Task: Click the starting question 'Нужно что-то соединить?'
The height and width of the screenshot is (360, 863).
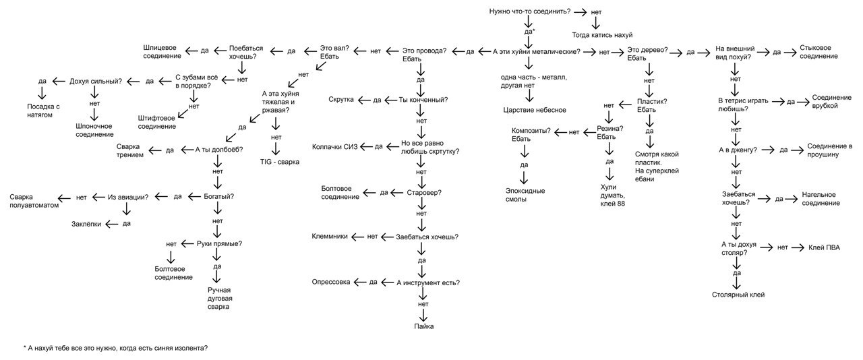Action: (x=530, y=11)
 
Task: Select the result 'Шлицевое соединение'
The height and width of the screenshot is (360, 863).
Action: (x=162, y=52)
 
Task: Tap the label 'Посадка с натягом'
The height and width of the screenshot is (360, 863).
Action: (x=43, y=111)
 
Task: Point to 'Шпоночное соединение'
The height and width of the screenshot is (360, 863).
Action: (x=94, y=130)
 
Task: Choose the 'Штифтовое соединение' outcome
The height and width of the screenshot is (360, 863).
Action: (x=157, y=122)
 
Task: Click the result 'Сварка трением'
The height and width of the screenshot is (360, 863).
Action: (x=130, y=151)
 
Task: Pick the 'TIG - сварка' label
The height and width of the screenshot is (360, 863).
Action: (x=279, y=162)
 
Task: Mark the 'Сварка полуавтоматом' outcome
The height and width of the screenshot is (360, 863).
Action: (x=34, y=201)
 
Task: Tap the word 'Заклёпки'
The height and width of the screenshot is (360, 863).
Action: (x=86, y=224)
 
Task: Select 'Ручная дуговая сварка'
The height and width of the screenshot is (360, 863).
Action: (x=220, y=299)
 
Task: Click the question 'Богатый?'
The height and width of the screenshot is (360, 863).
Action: (x=219, y=197)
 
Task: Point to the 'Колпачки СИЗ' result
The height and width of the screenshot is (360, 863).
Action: (x=334, y=147)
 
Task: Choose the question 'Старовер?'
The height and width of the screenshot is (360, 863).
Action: (x=424, y=193)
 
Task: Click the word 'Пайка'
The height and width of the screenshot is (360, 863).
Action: (x=424, y=326)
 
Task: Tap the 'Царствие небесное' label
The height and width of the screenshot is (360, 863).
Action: (x=535, y=111)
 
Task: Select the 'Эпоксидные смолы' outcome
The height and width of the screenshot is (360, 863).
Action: (x=525, y=195)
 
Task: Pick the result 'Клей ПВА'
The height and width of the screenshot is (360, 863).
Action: (x=824, y=248)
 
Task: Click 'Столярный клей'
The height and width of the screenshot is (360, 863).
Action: (x=738, y=295)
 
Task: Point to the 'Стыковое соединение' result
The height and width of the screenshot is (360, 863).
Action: (x=819, y=52)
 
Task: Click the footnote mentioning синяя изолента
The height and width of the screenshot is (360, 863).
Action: (x=115, y=348)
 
